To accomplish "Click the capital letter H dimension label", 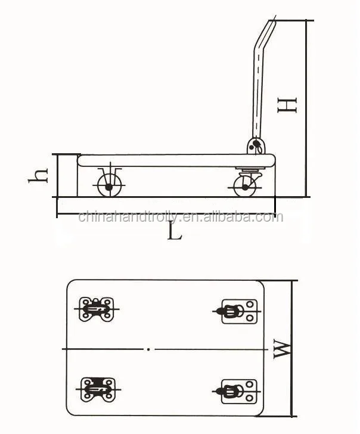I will coord(287,106).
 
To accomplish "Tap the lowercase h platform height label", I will coord(40,174).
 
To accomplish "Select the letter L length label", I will coord(173,231).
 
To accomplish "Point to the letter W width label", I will coord(283,349).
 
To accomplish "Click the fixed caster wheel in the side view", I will coord(108,186).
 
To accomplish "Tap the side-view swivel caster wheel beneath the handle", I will coord(244,187).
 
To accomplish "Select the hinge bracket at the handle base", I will coord(256,146).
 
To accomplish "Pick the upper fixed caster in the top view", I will coord(95,309).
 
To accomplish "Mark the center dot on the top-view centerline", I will coord(148,349).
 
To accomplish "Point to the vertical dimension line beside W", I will coord(291,349).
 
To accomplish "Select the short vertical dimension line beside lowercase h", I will coord(57,174).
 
